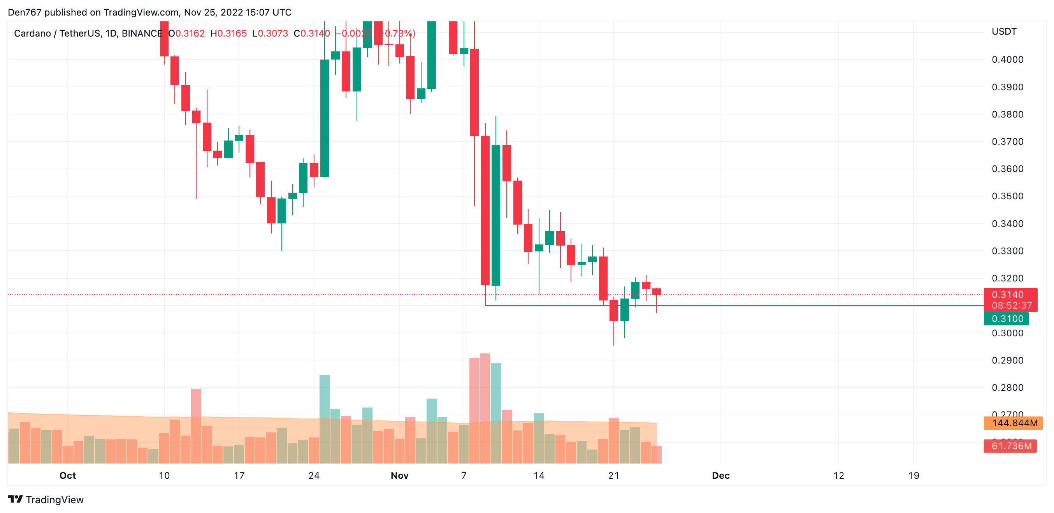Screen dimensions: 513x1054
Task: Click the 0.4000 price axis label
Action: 1007,60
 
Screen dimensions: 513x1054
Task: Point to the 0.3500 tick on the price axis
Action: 1007,196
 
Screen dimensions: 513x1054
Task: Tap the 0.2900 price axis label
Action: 1007,360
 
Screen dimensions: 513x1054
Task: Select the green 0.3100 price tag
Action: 1006,319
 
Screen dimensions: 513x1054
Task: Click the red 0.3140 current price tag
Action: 1009,295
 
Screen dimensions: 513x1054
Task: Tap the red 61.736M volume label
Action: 1011,446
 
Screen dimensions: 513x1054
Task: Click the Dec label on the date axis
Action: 720,475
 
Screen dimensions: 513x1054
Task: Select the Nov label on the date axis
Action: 399,475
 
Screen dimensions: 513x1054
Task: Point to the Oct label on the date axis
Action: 67,475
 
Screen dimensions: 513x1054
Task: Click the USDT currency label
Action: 1004,32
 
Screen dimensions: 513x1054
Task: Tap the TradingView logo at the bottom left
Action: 46,499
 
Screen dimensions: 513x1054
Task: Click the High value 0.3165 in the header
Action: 232,33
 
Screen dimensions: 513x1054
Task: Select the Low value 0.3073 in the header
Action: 273,33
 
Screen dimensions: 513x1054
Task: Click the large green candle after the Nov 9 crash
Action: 495,215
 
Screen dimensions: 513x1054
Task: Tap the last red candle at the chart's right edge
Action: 656,292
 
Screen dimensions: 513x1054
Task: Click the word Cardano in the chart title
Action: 32,33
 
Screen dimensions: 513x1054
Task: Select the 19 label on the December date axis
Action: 913,475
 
